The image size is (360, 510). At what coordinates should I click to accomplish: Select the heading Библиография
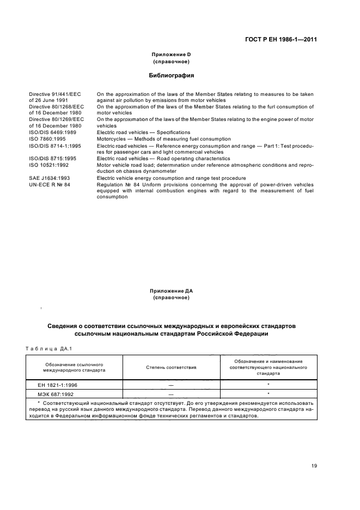(172, 75)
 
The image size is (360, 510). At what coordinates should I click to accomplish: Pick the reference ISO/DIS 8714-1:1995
(57, 145)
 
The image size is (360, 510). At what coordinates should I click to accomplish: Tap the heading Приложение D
(171, 54)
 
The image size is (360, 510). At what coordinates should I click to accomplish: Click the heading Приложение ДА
(171, 292)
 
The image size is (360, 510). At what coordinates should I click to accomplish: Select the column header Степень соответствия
(171, 367)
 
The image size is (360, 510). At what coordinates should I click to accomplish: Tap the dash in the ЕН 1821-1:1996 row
(171, 385)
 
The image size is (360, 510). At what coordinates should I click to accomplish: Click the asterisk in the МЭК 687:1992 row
(269, 393)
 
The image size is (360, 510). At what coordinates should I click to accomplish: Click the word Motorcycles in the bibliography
(112, 139)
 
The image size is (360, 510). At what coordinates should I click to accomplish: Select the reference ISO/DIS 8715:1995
(53, 158)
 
